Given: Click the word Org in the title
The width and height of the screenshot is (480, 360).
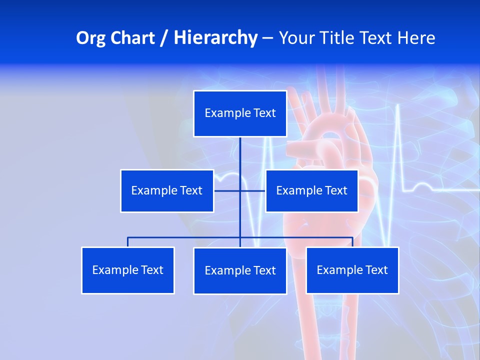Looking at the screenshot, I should tap(90, 38).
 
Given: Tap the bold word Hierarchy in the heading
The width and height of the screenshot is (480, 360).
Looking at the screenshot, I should tap(215, 38).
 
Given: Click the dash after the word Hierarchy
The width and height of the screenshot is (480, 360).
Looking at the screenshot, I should tap(267, 38).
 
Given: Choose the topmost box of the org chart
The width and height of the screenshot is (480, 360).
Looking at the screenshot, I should tap(240, 113).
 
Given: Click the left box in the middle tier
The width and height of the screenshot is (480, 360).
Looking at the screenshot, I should tap(167, 191).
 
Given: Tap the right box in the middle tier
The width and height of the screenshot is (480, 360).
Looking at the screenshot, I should tap(312, 191).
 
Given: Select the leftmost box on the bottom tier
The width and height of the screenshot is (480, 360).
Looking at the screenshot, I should tap(128, 270).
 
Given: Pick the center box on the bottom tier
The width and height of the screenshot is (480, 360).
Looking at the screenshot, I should tap(240, 271).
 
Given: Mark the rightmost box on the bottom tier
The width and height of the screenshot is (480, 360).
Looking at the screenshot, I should tap(352, 270).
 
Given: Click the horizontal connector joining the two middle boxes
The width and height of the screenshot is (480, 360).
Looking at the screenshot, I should tap(227, 190).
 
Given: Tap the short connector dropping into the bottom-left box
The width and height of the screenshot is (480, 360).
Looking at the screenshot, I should tap(128, 242).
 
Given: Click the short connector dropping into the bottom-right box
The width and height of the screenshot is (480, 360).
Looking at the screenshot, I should tap(352, 242).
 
